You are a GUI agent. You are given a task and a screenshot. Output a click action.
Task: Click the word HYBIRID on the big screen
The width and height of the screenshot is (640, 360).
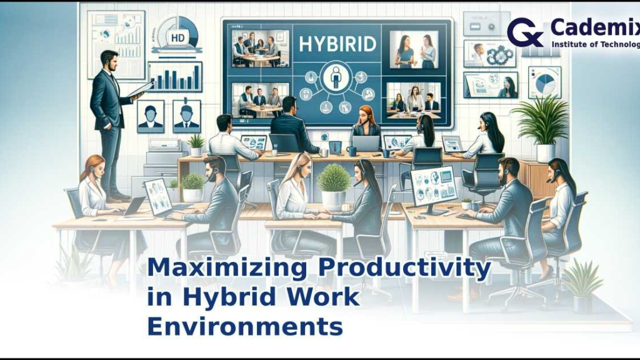[337, 44]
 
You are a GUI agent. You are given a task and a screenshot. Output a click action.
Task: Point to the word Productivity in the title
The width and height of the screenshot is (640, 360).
[404, 267]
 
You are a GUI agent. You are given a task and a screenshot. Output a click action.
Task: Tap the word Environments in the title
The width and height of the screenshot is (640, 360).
[245, 327]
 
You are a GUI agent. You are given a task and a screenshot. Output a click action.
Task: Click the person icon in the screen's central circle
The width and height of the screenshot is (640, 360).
[337, 82]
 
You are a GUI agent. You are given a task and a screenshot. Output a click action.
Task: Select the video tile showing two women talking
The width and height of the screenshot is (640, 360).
[413, 49]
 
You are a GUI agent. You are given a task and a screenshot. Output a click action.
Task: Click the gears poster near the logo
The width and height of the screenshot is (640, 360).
[490, 54]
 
